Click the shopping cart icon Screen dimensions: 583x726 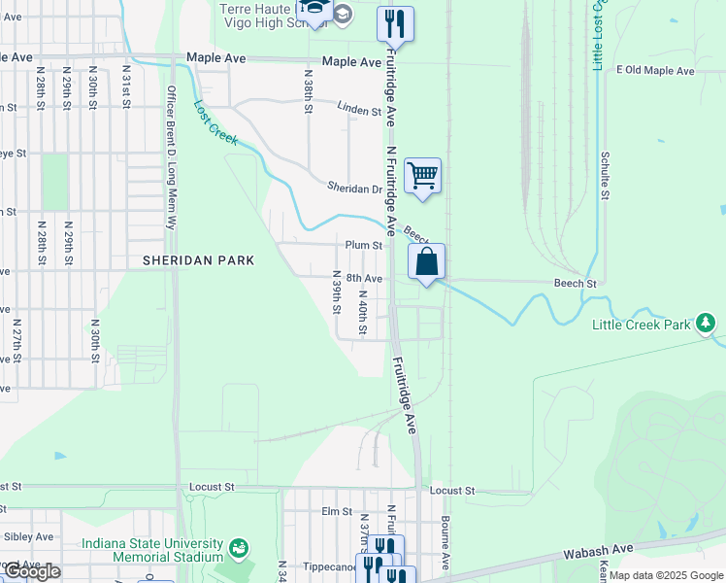[x=422, y=177]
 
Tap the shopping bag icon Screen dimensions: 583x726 [x=426, y=261]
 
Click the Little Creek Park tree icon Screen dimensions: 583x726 [x=708, y=322]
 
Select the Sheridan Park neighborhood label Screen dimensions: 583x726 [x=198, y=260]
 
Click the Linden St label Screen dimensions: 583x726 [x=358, y=110]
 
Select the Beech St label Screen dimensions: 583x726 [x=576, y=283]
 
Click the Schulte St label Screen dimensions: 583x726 [x=604, y=175]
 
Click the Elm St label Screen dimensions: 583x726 [x=336, y=511]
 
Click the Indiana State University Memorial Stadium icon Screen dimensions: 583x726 [x=238, y=550]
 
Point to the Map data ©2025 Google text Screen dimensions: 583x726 [x=665, y=575]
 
